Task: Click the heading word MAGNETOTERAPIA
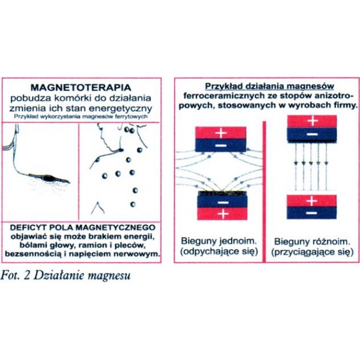click(x=81, y=88)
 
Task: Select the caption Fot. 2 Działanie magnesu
click(x=65, y=275)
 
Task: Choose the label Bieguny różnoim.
click(x=312, y=242)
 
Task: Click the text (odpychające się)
click(x=219, y=251)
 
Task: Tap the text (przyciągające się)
click(x=312, y=252)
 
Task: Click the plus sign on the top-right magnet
click(x=313, y=121)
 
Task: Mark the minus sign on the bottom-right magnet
click(x=311, y=213)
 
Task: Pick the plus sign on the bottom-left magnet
click(x=223, y=214)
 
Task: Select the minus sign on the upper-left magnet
click(x=221, y=146)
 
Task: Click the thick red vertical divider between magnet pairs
click(x=264, y=192)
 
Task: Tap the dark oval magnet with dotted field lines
click(x=49, y=178)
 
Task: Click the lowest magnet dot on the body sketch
click(x=133, y=204)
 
